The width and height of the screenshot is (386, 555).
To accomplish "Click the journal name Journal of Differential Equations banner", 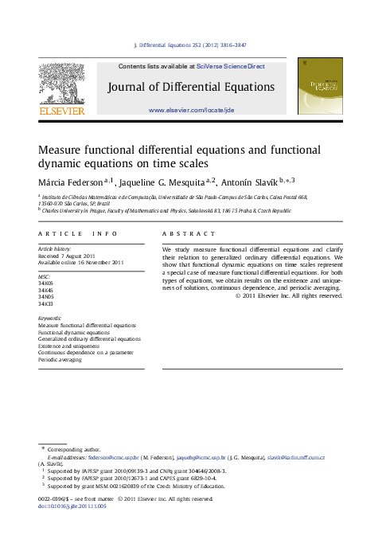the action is coord(191,87).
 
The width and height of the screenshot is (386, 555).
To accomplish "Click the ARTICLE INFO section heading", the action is coord(78,233).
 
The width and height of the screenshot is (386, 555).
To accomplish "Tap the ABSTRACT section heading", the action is coord(189,233).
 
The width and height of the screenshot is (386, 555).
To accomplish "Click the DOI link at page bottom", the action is coord(72,506).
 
